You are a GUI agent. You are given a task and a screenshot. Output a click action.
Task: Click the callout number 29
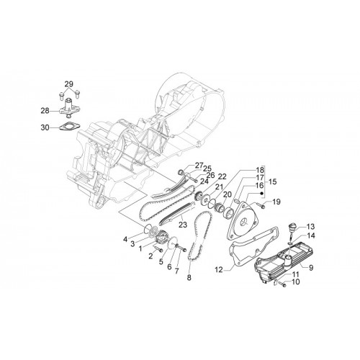click(x=68, y=84)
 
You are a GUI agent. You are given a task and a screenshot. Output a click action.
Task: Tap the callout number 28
click(x=45, y=111)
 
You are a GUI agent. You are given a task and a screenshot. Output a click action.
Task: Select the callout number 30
click(x=45, y=127)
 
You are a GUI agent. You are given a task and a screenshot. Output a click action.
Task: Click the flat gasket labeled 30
click(x=69, y=127)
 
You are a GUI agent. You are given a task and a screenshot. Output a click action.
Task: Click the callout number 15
click(x=273, y=181)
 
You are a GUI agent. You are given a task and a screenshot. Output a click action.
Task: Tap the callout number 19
click(x=276, y=202)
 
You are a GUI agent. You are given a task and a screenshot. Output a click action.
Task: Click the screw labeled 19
click(x=260, y=205)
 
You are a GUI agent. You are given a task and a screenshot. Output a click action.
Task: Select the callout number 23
click(x=183, y=225)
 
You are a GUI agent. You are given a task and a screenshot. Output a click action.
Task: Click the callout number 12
click(x=219, y=270)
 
